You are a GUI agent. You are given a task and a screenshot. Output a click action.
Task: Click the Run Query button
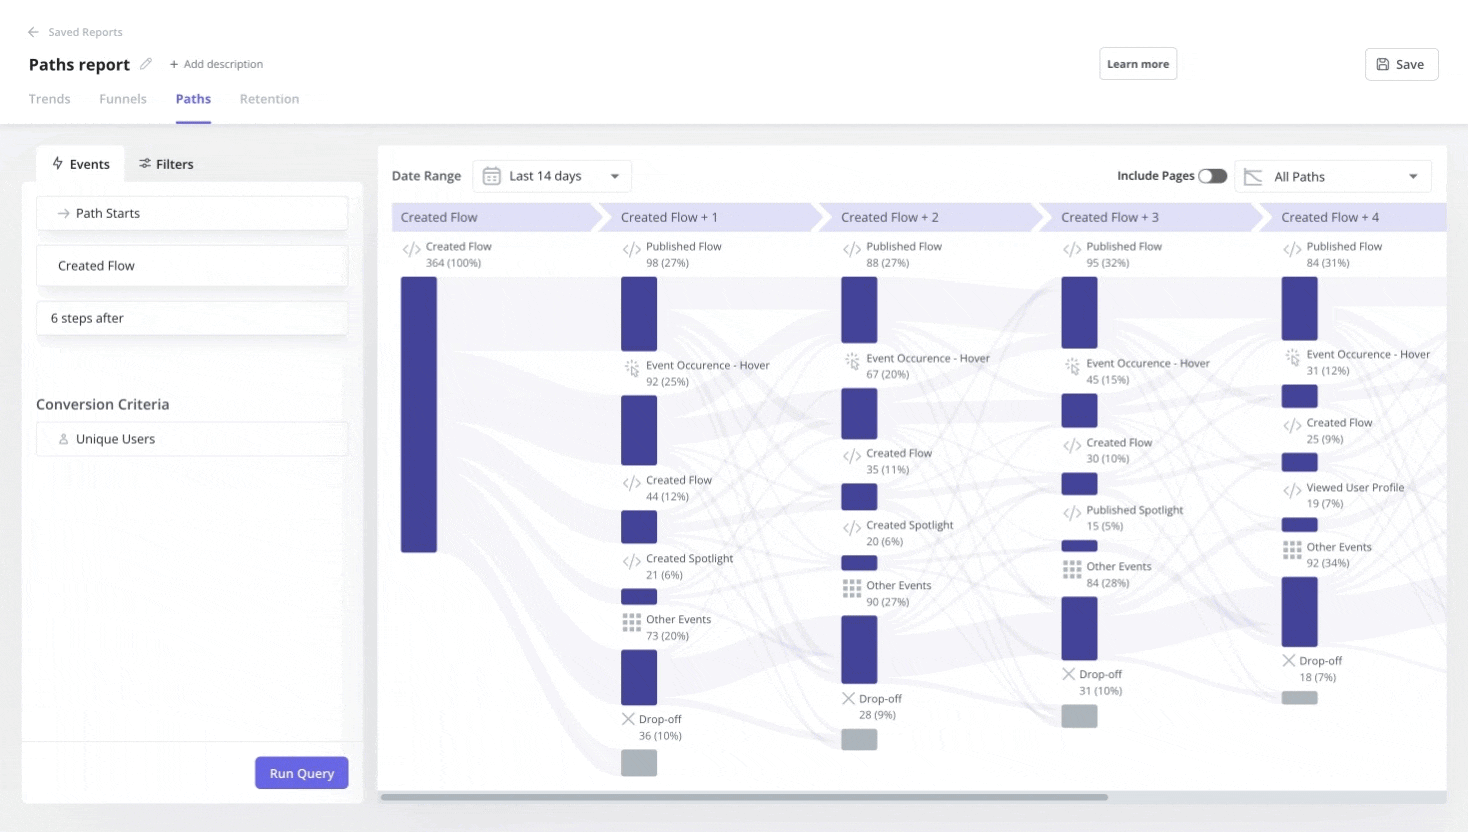[301, 773]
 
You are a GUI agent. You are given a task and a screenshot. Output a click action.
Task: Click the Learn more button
[1137, 64]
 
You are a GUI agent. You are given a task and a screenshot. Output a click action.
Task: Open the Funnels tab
[123, 99]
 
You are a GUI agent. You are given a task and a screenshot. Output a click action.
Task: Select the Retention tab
[269, 99]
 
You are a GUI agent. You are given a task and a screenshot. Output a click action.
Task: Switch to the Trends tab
[49, 99]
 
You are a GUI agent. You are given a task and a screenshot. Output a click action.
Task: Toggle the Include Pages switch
[1212, 176]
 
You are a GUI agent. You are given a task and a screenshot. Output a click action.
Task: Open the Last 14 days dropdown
[552, 176]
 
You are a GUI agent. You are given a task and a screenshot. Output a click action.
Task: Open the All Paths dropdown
[1333, 177]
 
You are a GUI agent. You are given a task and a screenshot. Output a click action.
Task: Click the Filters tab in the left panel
[166, 164]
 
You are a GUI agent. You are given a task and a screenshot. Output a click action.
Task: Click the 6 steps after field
[192, 318]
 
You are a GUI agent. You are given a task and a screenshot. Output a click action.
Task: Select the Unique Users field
[192, 439]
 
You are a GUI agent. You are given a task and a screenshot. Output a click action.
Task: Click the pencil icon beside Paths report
[146, 64]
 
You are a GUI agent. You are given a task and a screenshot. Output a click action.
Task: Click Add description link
[216, 64]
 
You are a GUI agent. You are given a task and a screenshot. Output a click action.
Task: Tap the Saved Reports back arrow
[33, 32]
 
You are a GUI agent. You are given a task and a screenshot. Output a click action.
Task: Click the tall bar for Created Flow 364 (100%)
[419, 414]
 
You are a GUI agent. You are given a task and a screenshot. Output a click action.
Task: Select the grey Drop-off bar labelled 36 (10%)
[639, 763]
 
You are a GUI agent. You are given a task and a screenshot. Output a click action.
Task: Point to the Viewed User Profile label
[1354, 488]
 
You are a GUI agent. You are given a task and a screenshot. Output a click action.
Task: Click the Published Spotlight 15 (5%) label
[1134, 510]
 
